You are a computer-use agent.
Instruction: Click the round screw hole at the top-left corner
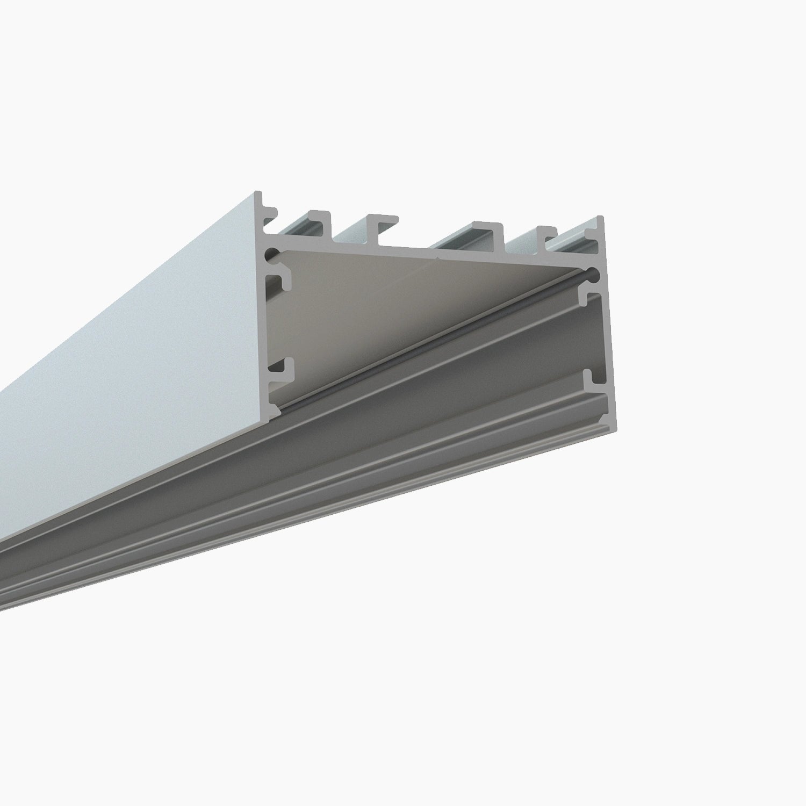click(x=275, y=252)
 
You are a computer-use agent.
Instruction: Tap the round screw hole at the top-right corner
click(x=593, y=274)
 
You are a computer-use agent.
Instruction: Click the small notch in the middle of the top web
click(x=438, y=259)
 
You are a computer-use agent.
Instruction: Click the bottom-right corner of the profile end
click(x=614, y=426)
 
